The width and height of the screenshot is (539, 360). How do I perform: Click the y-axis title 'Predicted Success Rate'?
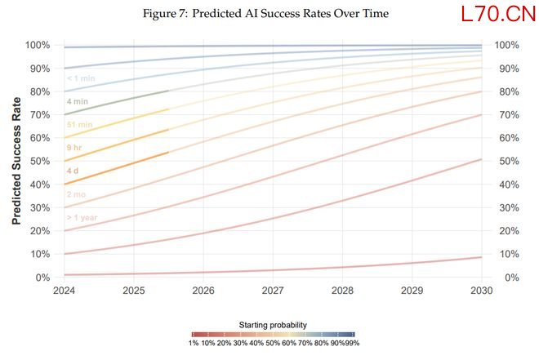(x=16, y=162)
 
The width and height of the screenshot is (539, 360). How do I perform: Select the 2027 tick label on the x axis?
(x=273, y=291)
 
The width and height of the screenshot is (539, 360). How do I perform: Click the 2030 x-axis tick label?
(x=482, y=291)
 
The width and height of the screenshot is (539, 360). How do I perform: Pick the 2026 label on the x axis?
(x=203, y=291)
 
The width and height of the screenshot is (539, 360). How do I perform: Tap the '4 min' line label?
(x=78, y=102)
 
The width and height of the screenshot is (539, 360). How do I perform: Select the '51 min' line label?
(x=79, y=125)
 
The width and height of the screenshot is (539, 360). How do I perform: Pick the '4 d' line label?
(x=73, y=171)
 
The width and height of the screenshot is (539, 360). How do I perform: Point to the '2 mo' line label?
(x=76, y=195)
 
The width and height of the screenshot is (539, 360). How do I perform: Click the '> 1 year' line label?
(x=82, y=218)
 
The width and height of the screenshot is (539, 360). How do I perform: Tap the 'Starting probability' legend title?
(x=273, y=324)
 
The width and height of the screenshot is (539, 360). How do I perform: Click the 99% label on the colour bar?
(x=352, y=344)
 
